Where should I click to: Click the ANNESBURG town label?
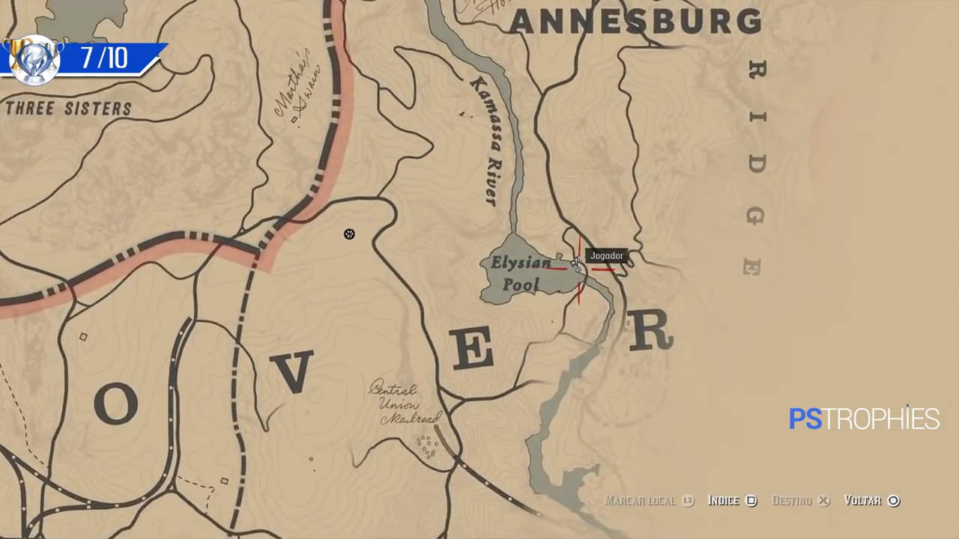[635, 22]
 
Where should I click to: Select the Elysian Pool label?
[521, 273]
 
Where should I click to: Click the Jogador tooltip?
[606, 256]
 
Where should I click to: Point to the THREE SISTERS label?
[68, 109]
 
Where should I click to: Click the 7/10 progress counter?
[104, 58]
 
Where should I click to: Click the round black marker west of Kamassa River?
[349, 234]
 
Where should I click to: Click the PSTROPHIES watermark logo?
[864, 418]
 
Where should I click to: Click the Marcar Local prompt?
[649, 501]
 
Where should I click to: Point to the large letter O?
[116, 404]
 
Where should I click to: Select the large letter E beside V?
[474, 350]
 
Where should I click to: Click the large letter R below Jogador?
[650, 331]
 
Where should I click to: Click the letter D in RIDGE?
[756, 165]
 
